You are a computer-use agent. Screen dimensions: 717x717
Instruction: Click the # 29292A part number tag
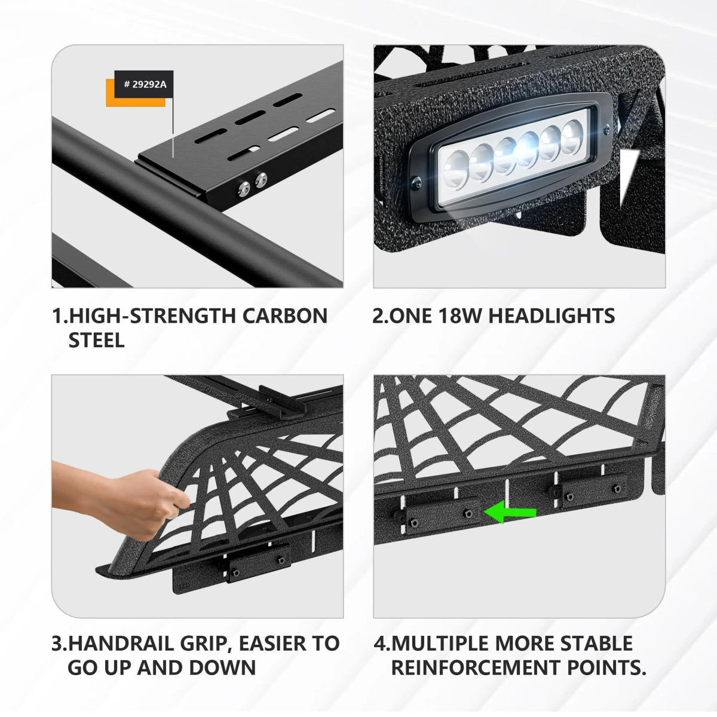tap(144, 84)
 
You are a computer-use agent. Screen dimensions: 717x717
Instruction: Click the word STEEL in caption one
tap(96, 340)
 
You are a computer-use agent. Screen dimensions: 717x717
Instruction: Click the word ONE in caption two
tap(412, 315)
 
